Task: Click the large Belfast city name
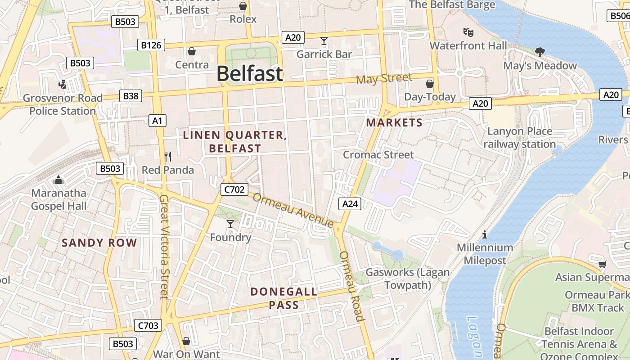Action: point(250,74)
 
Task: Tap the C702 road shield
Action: point(234,189)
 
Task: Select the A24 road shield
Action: point(350,204)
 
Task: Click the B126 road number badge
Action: point(151,45)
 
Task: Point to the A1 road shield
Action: point(157,121)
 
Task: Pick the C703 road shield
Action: point(148,325)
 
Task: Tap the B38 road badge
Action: point(130,96)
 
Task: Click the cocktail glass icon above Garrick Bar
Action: point(324,41)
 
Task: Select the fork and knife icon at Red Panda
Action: point(168,157)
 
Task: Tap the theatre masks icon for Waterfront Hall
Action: point(468,32)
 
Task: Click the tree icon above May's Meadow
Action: point(540,52)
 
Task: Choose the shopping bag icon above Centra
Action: point(192,51)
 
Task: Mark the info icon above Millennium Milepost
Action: point(485,234)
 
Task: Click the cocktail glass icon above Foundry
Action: point(230,224)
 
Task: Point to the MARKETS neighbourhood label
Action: point(394,123)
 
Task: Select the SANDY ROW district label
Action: point(99,243)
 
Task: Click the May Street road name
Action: point(384,79)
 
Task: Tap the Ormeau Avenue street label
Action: point(293,210)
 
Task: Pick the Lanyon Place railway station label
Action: point(519,138)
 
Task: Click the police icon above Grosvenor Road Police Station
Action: point(63,84)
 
